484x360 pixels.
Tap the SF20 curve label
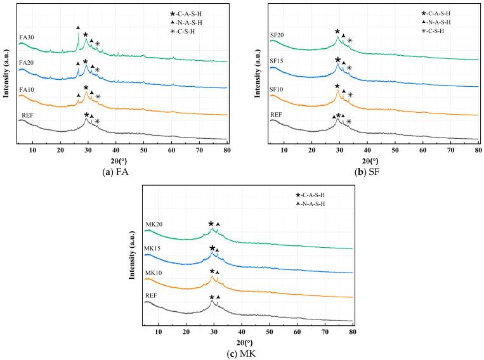277,35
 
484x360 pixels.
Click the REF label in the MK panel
152,295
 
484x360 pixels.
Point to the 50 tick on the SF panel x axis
395,150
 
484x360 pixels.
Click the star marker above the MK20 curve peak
211,224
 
